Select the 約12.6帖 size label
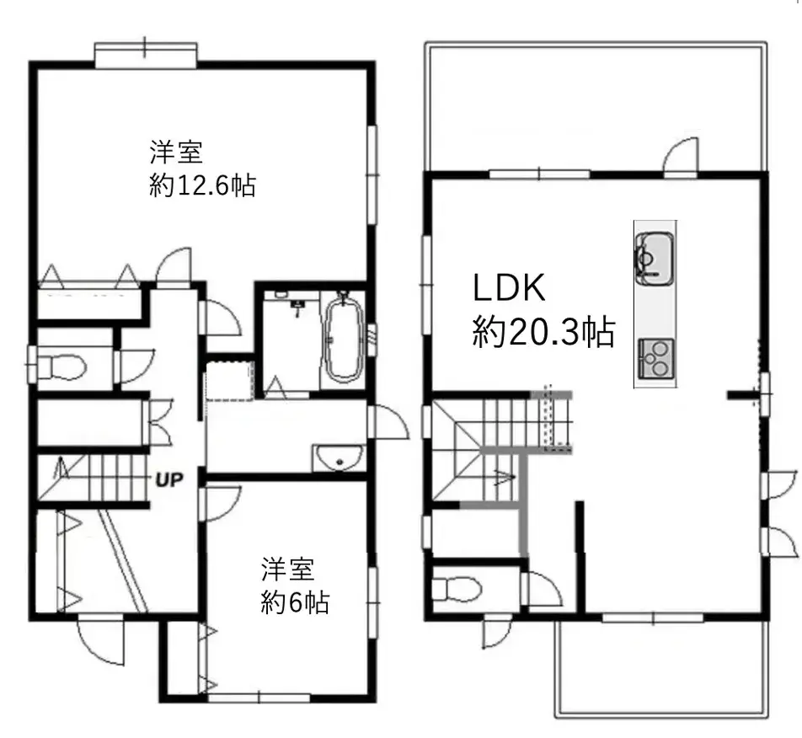coord(202,185)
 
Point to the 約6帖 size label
coord(295,603)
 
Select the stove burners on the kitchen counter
coord(654,357)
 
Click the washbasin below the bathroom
coord(338,460)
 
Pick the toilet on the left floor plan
coord(63,366)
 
